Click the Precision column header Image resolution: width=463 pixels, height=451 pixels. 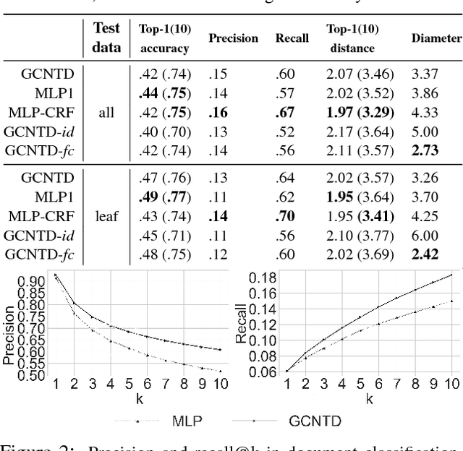pos(234,38)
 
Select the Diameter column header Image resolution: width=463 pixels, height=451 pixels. pos(436,38)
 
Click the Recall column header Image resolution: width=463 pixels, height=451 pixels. pos(292,38)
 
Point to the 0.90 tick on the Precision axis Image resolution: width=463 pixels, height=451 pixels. pos(30,281)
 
